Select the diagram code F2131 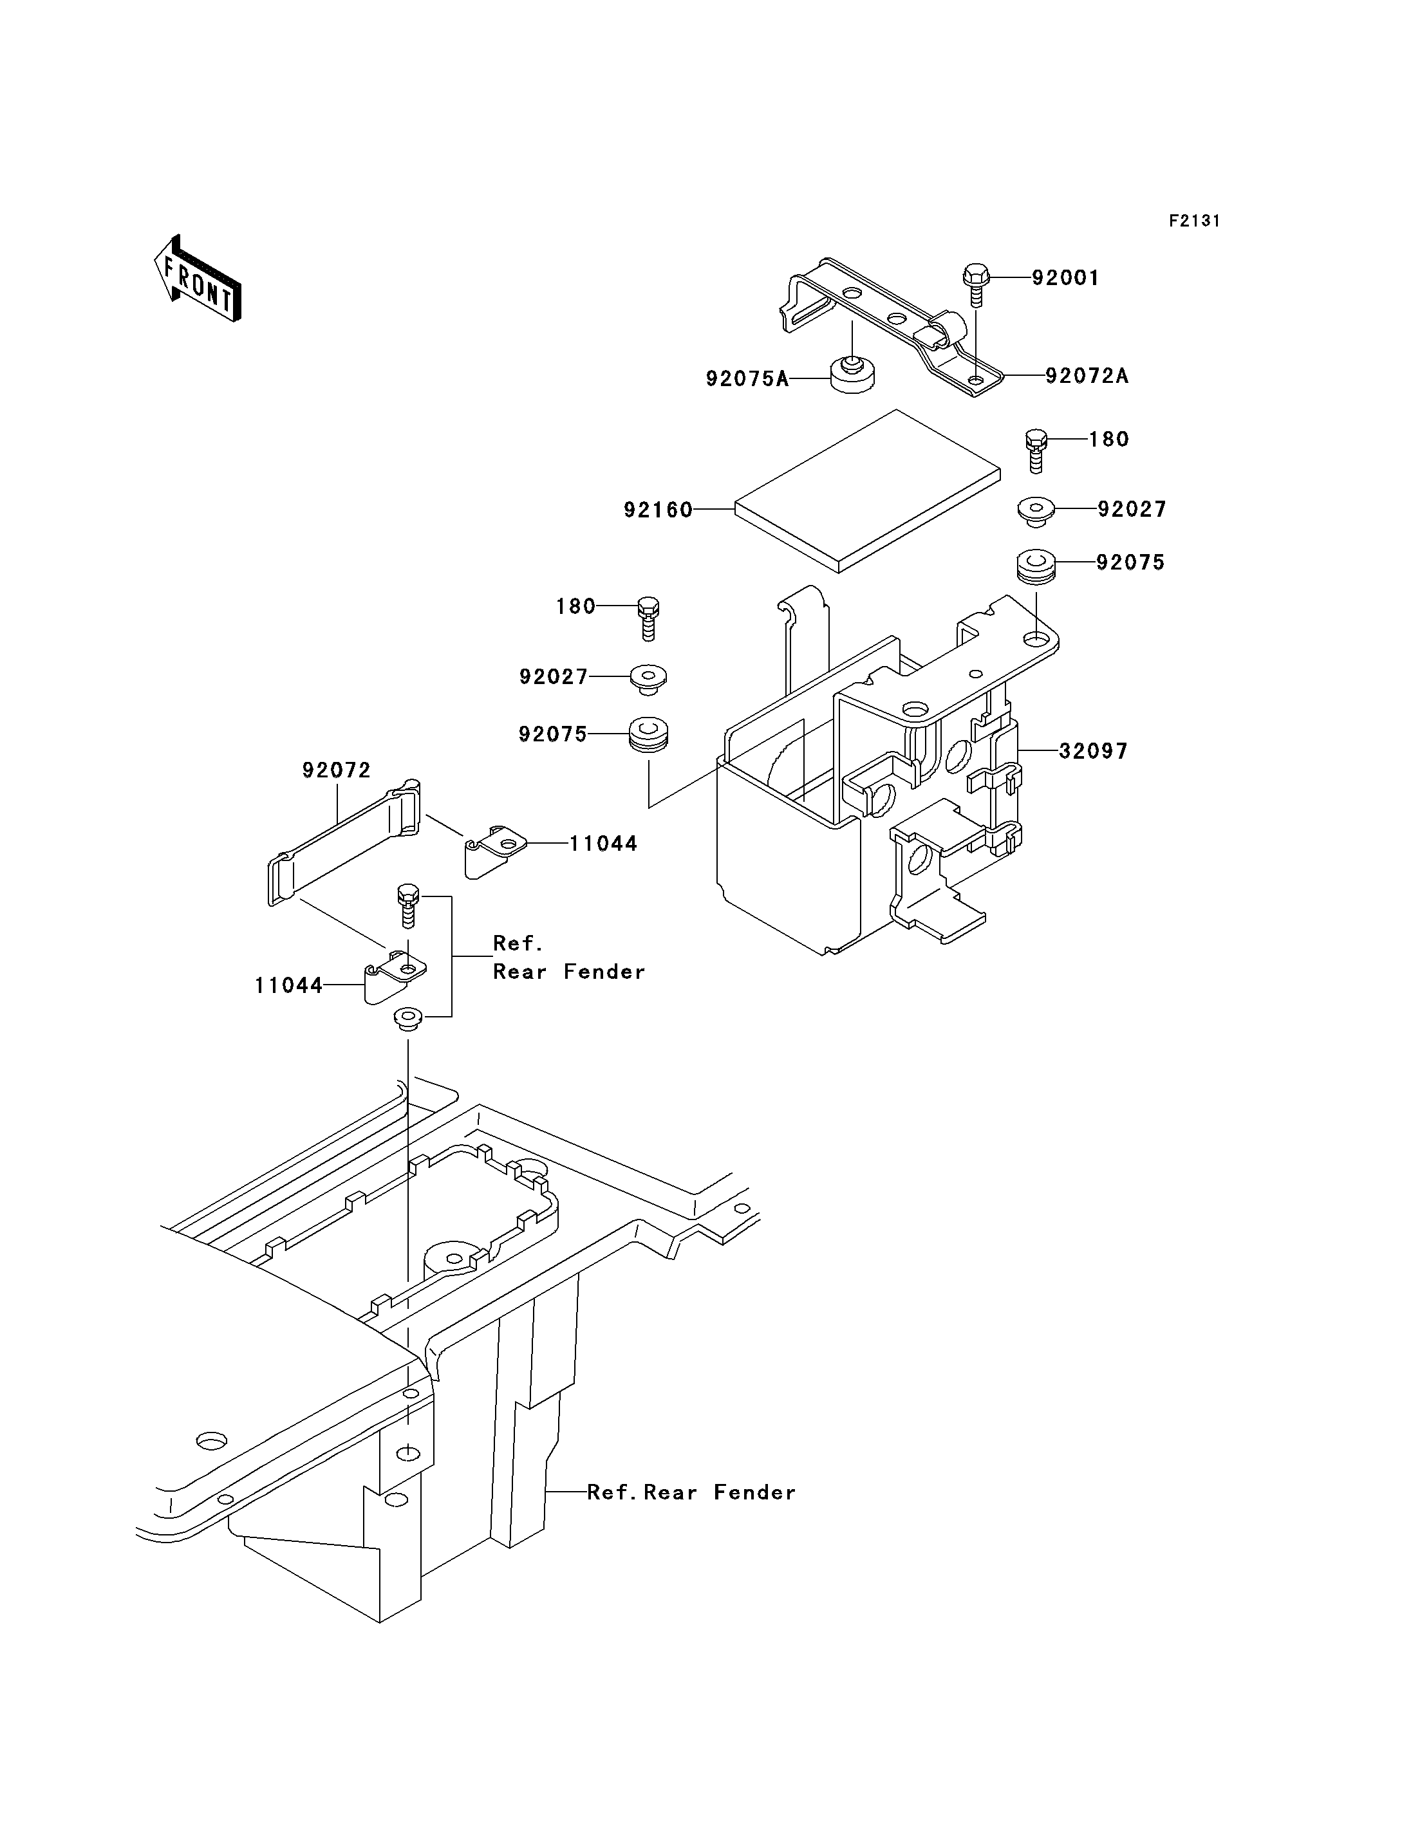coord(1194,221)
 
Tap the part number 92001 coord(1065,278)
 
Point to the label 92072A coord(1087,376)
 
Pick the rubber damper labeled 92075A coord(852,375)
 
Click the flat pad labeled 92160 coord(867,491)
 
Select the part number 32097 coord(1092,751)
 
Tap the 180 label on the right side coord(1108,439)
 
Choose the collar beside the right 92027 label coord(1036,510)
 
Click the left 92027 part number coord(554,677)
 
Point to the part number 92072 coord(337,770)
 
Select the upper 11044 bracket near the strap coord(496,850)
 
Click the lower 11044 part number coord(289,985)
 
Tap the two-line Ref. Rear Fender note coord(568,958)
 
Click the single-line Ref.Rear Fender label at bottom coord(691,1492)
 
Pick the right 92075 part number coord(1130,562)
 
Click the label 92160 coord(658,510)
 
